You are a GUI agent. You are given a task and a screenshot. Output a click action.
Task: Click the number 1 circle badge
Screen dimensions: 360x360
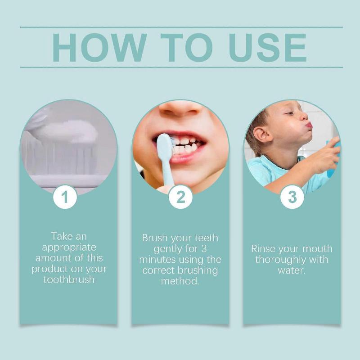[x=65, y=197]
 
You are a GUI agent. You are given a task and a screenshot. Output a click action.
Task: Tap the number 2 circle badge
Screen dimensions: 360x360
[x=180, y=197]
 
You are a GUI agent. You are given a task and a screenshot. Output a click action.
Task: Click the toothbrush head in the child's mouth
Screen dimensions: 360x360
[x=164, y=147]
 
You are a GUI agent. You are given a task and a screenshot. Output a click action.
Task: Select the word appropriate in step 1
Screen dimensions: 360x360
[x=69, y=247]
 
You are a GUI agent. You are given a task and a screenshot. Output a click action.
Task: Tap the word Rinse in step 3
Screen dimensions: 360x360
[x=264, y=249]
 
